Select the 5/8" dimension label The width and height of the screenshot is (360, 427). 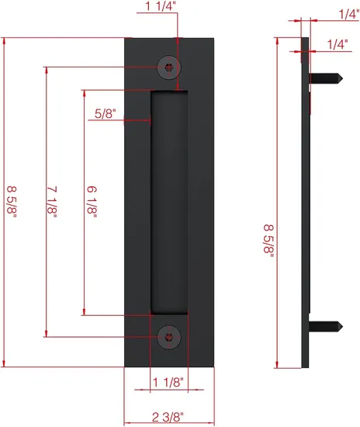click(x=106, y=113)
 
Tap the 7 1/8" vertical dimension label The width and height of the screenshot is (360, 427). click(x=52, y=204)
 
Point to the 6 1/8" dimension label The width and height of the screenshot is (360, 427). click(x=92, y=204)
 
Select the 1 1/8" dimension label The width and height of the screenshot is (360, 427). click(x=168, y=381)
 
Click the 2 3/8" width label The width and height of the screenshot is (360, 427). click(x=168, y=415)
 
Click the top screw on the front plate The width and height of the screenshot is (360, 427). click(x=168, y=67)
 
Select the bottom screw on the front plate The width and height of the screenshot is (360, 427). click(x=168, y=335)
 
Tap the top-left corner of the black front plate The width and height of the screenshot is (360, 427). click(x=126, y=39)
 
